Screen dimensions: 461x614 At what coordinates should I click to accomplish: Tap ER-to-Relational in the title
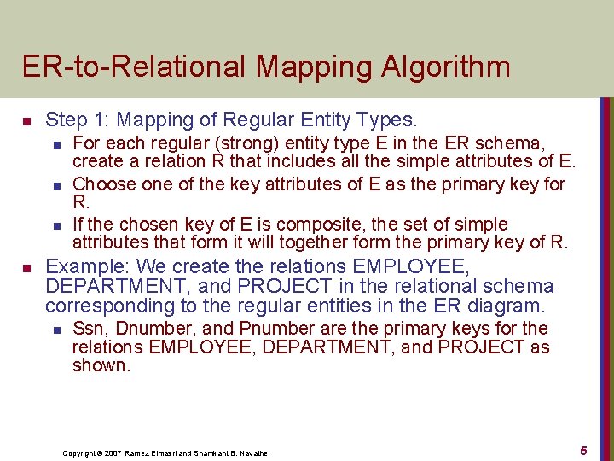point(130,66)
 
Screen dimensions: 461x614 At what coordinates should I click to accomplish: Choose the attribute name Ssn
point(89,329)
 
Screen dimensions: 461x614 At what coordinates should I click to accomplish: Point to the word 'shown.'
point(101,366)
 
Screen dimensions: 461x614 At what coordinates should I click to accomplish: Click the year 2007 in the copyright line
point(116,452)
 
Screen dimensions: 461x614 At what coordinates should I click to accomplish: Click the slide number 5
point(583,450)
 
